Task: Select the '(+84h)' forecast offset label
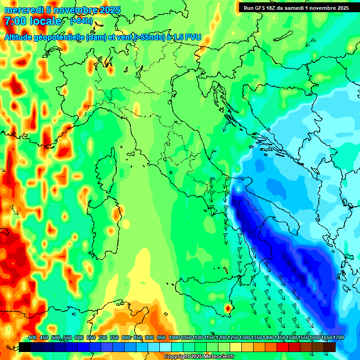pyautogui.click(x=81, y=21)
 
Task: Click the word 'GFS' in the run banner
pyautogui.click(x=262, y=7)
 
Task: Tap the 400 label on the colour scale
pyautogui.click(x=32, y=337)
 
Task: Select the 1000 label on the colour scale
pyautogui.click(x=174, y=337)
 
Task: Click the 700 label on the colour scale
pyautogui.click(x=102, y=337)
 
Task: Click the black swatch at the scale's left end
pyautogui.click(x=25, y=347)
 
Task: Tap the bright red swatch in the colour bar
pyautogui.click(x=283, y=347)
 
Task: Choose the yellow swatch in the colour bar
pyautogui.click(x=236, y=347)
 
